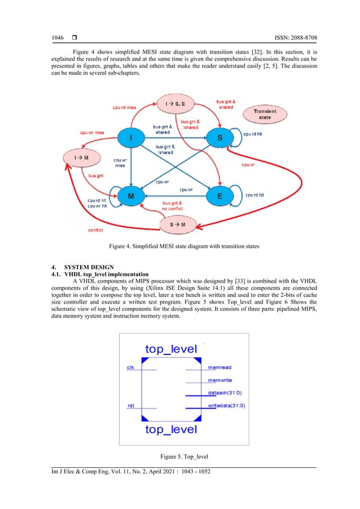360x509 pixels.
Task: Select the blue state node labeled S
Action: (219, 137)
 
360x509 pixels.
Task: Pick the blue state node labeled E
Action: (221, 196)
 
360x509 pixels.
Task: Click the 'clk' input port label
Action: (130, 368)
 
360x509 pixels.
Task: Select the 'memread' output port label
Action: (219, 368)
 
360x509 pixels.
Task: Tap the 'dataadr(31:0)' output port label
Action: (227, 393)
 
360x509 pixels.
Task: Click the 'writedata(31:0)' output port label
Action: (227, 405)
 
